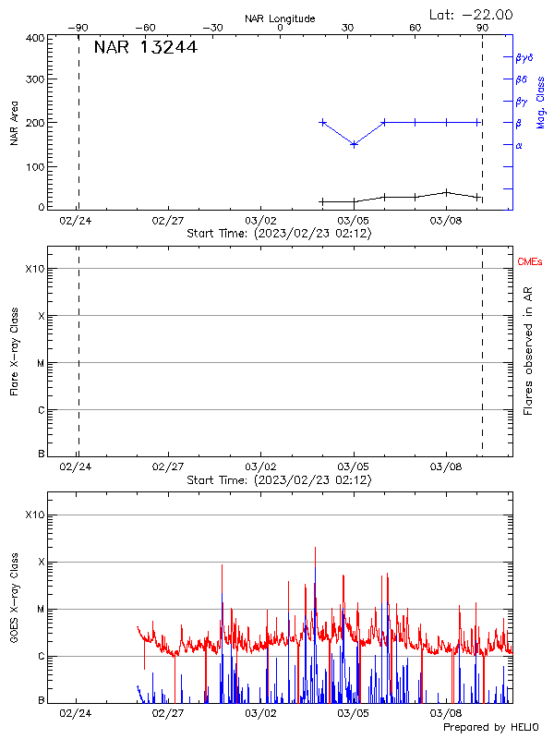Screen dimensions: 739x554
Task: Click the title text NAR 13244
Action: (x=146, y=48)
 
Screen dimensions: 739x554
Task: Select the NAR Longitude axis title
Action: (x=280, y=18)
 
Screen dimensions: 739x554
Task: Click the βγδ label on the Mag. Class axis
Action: (x=524, y=57)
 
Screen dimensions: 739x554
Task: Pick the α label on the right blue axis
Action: (x=519, y=145)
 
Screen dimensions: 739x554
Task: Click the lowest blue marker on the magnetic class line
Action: (x=354, y=144)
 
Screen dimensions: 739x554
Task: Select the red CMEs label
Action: (x=530, y=263)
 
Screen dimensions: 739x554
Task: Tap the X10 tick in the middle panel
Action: (x=34, y=269)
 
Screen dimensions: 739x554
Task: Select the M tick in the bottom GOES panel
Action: (x=41, y=609)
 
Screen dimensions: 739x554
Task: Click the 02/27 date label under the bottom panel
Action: (x=167, y=713)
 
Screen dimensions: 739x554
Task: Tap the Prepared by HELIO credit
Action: (x=491, y=728)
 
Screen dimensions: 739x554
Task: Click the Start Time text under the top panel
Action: (x=279, y=234)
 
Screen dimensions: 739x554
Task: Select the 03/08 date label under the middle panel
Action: (x=446, y=467)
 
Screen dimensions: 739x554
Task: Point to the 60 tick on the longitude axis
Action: (x=415, y=28)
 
